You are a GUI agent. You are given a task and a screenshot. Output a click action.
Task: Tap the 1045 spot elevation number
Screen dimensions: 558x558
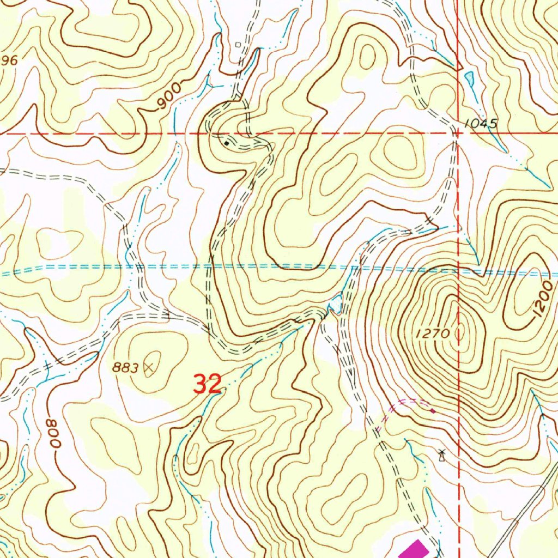pyautogui.click(x=482, y=124)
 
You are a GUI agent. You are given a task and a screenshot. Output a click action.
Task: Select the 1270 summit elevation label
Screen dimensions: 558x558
pyautogui.click(x=434, y=334)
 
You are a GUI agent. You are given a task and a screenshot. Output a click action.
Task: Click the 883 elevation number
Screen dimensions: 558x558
pyautogui.click(x=126, y=368)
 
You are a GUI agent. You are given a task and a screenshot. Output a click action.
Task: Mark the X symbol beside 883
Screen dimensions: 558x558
pyautogui.click(x=148, y=368)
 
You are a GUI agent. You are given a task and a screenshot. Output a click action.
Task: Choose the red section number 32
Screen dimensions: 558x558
pyautogui.click(x=208, y=384)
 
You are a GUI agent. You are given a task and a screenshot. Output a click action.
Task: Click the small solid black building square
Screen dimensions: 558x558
pyautogui.click(x=227, y=143)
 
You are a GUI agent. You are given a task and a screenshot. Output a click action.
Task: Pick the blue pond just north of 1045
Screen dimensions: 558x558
pyautogui.click(x=470, y=80)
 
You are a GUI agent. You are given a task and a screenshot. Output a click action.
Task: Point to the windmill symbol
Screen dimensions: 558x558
pyautogui.click(x=441, y=454)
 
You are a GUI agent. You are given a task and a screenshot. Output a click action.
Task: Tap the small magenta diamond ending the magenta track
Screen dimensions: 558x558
pyautogui.click(x=432, y=410)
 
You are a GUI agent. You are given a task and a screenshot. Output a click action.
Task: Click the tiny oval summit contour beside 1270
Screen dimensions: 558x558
pyautogui.click(x=463, y=332)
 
